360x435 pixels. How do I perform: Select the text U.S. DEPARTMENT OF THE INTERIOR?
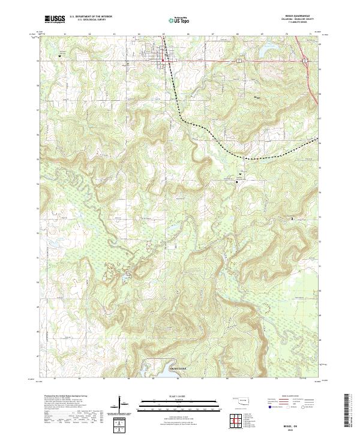[x=90, y=17]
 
